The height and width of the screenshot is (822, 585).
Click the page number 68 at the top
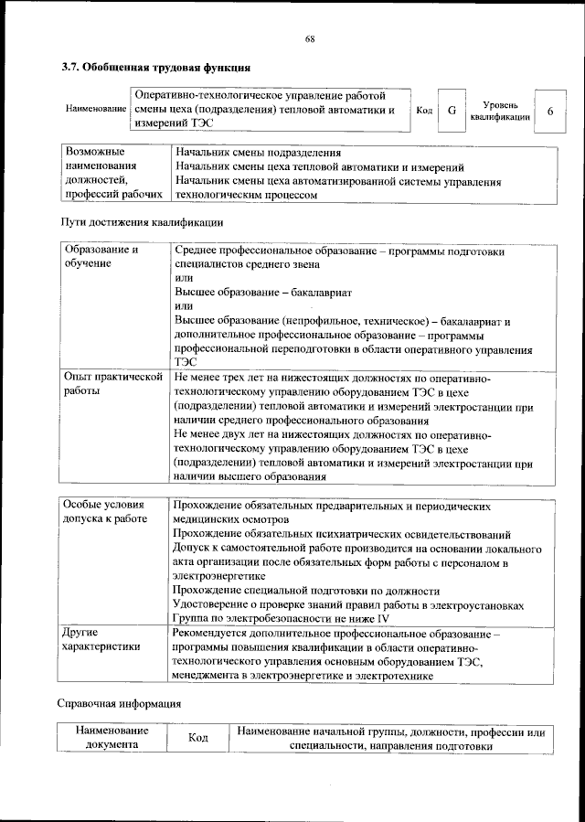pyautogui.click(x=310, y=38)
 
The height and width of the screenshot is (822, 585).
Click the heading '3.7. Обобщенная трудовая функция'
pyautogui.click(x=155, y=67)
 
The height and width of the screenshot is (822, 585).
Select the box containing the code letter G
pyautogui.click(x=451, y=110)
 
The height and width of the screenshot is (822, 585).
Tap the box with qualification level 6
pyautogui.click(x=549, y=110)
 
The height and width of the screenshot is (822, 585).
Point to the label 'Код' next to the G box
pyautogui.click(x=424, y=110)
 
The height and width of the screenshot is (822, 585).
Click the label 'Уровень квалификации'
pyautogui.click(x=500, y=111)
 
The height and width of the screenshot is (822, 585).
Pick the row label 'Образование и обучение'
pyautogui.click(x=101, y=256)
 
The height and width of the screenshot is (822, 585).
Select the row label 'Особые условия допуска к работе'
pyautogui.click(x=104, y=511)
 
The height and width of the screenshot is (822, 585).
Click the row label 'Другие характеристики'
pyautogui.click(x=101, y=639)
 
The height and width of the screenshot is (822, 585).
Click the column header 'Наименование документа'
pyautogui.click(x=112, y=738)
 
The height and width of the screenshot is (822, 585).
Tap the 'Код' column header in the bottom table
pyautogui.click(x=198, y=738)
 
